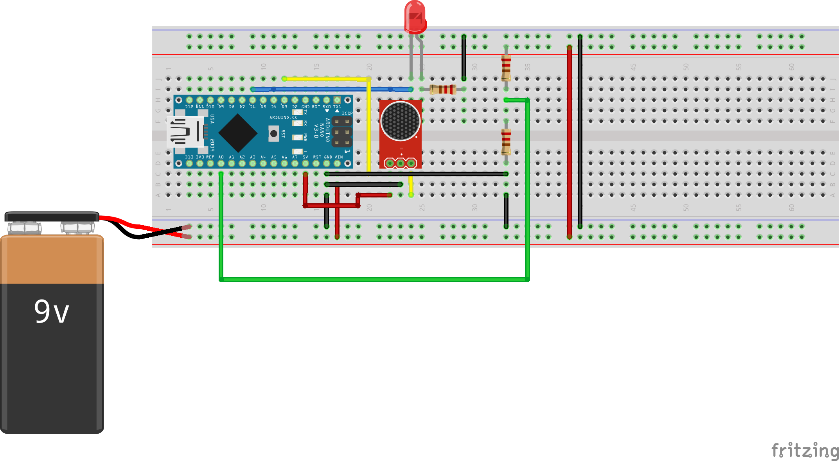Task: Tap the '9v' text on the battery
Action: (51, 312)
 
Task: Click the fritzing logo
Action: (805, 450)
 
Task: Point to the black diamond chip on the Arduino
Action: (237, 133)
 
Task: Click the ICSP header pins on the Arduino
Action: (342, 132)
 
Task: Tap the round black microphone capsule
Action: (400, 121)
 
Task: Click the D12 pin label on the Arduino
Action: (189, 107)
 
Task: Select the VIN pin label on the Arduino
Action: (339, 157)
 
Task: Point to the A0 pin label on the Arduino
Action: (221, 157)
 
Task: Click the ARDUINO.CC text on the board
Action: (283, 117)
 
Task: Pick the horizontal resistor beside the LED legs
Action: (443, 90)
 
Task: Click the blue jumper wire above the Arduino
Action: (332, 90)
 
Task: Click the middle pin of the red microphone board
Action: (401, 163)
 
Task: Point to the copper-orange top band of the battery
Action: (52, 260)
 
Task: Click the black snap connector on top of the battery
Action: (52, 217)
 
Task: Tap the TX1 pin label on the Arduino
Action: (337, 107)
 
